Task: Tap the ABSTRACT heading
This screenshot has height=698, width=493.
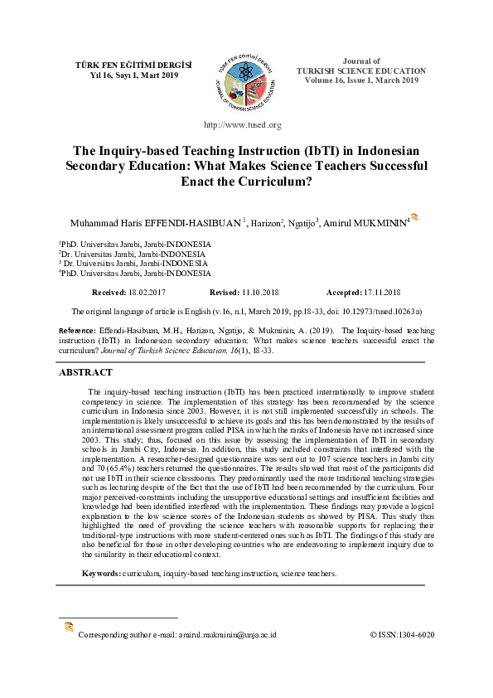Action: [85, 373]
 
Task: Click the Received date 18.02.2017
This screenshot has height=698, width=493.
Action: [147, 293]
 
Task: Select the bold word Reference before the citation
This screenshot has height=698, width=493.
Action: [77, 331]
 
